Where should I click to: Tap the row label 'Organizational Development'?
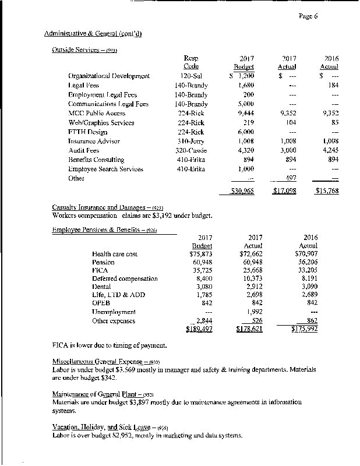pyautogui.click(x=109, y=76)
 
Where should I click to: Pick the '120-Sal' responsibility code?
pyautogui.click(x=191, y=76)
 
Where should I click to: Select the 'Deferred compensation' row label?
pyautogui.click(x=125, y=279)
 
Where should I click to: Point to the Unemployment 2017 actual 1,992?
pyautogui.click(x=253, y=312)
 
